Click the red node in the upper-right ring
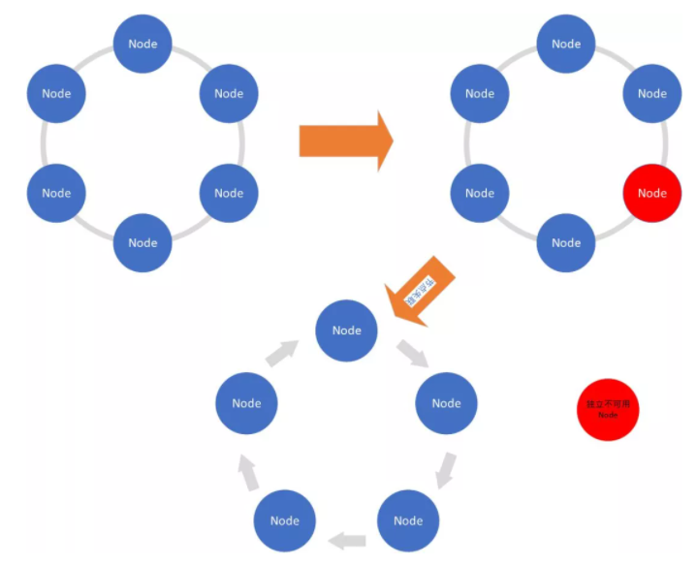(651, 193)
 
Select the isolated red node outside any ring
(608, 410)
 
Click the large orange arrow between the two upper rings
(346, 141)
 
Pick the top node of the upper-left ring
(143, 44)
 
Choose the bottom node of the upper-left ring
(143, 242)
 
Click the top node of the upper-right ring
(566, 44)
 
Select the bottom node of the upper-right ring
(566, 242)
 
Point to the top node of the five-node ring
(346, 330)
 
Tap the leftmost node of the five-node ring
(246, 403)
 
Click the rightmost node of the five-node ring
(446, 403)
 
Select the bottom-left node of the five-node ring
(285, 520)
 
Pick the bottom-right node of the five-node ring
(408, 520)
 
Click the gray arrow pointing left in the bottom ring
(347, 539)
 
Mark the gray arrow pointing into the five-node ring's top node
(285, 353)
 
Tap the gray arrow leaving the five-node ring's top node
(411, 353)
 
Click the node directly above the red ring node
(651, 94)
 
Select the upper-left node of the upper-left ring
(56, 94)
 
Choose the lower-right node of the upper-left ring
(229, 193)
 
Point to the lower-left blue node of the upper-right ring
(480, 193)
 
